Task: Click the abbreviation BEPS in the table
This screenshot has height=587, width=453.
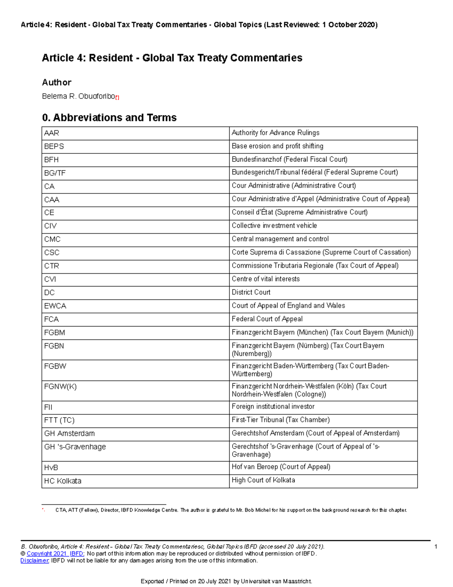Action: (x=54, y=147)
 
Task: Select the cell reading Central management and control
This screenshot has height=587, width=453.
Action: (x=280, y=239)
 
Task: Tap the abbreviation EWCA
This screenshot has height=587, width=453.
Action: (x=55, y=306)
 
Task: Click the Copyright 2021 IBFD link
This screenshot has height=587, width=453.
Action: (x=55, y=554)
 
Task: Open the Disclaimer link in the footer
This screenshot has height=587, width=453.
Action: (x=35, y=561)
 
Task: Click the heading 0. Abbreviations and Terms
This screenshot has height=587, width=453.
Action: (x=109, y=118)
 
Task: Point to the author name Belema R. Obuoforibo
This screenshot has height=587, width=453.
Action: (x=79, y=97)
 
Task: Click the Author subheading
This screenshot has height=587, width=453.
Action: (x=57, y=82)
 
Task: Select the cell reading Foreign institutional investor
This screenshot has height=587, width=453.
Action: (x=273, y=407)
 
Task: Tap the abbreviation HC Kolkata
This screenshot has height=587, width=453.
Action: (x=63, y=481)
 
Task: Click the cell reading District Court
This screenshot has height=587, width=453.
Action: (x=251, y=293)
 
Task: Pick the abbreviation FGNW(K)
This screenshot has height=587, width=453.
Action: (x=60, y=387)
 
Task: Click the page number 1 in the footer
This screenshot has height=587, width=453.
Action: (x=436, y=547)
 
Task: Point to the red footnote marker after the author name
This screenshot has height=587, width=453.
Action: (x=117, y=98)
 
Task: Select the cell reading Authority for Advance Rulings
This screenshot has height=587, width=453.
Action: (x=276, y=133)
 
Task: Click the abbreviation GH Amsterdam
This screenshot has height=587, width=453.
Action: (x=69, y=434)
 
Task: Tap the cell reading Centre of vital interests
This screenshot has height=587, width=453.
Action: (x=266, y=279)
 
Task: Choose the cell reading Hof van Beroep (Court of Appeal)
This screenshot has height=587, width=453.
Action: (x=281, y=467)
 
